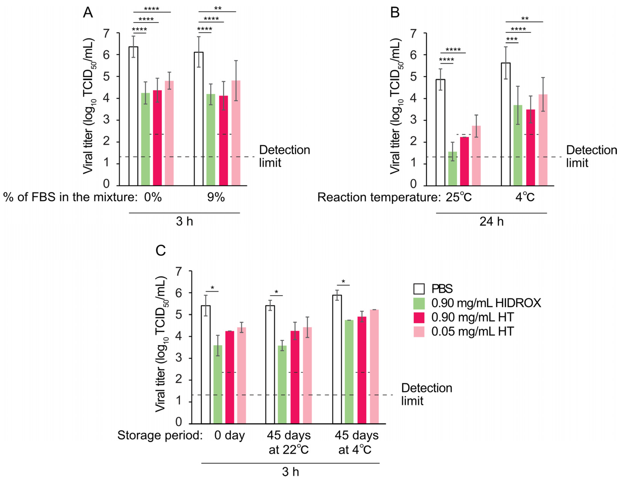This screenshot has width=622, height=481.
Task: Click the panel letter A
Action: tap(88, 13)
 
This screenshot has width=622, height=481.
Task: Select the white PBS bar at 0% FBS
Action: tap(133, 117)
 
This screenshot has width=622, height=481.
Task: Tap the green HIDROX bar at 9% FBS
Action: tap(211, 139)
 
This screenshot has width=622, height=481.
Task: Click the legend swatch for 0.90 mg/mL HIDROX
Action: tap(419, 303)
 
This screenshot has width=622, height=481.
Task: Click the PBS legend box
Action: tap(419, 289)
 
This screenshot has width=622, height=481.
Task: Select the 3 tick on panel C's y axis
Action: tap(179, 358)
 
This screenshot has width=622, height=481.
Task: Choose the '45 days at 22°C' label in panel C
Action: tap(288, 442)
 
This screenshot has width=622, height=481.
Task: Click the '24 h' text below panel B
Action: tap(491, 221)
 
